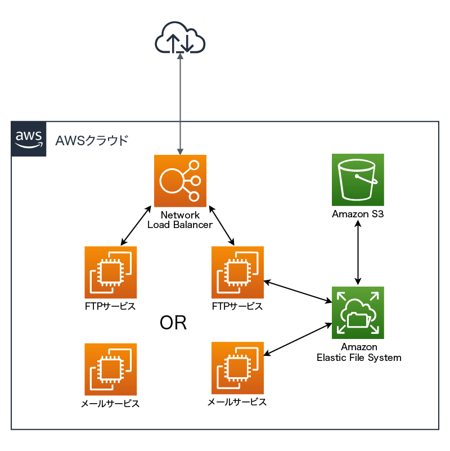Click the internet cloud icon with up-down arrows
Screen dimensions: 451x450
pyautogui.click(x=180, y=38)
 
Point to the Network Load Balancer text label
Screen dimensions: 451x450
pyautogui.click(x=180, y=220)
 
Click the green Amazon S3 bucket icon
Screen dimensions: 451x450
pyautogui.click(x=358, y=180)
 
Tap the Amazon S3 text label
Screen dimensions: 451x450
pyautogui.click(x=358, y=214)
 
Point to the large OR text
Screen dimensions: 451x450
pyautogui.click(x=173, y=323)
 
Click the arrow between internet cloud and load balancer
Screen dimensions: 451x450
pyautogui.click(x=180, y=104)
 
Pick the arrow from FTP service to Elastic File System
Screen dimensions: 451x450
pyautogui.click(x=296, y=291)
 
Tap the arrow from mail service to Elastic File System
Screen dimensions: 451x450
pyautogui.click(x=296, y=339)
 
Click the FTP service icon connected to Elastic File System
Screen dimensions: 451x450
pyautogui.click(x=237, y=273)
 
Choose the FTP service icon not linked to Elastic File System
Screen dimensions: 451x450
pyautogui.click(x=110, y=273)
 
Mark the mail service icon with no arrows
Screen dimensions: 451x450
pyautogui.click(x=110, y=369)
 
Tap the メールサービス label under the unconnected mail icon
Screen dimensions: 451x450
pyautogui.click(x=110, y=404)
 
